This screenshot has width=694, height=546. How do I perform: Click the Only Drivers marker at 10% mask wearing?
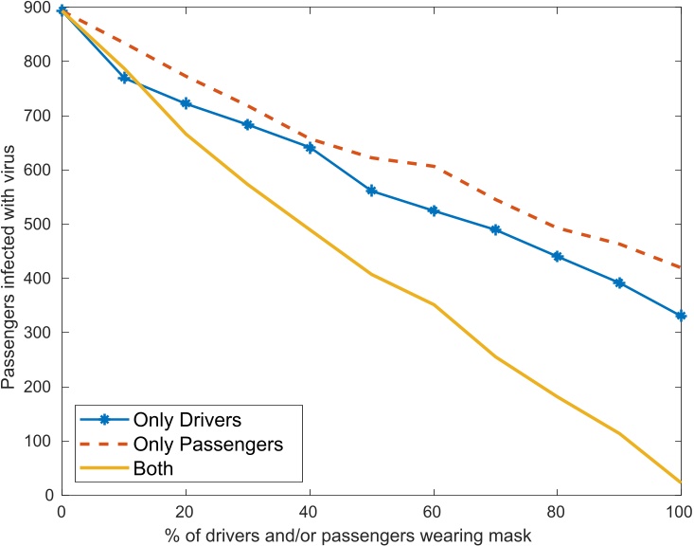pyautogui.click(x=124, y=78)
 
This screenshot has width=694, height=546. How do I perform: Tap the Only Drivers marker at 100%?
pyautogui.click(x=681, y=316)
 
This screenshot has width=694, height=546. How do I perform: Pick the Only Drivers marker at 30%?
pyautogui.click(x=248, y=124)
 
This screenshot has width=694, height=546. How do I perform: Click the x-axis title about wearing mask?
pyautogui.click(x=371, y=534)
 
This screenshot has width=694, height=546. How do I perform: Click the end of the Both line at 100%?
pyautogui.click(x=681, y=482)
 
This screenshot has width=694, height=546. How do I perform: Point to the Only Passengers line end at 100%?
pyautogui.click(x=681, y=267)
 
